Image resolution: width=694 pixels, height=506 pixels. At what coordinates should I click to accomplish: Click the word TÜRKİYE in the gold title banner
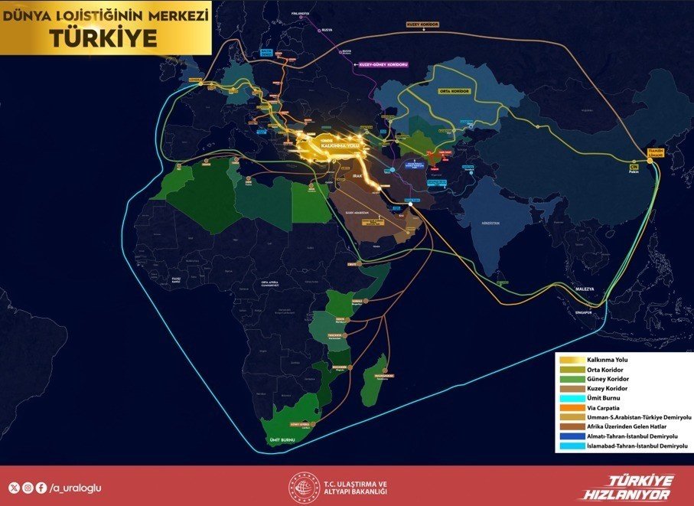[106, 37]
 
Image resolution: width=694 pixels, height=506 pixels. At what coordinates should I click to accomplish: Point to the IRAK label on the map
[358, 175]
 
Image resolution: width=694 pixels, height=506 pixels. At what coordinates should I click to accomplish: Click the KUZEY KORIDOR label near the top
[423, 24]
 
